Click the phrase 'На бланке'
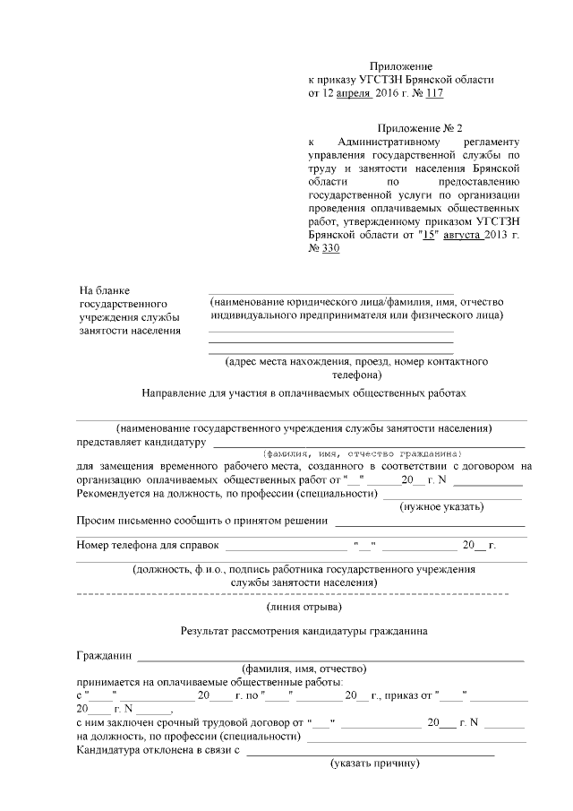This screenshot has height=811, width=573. click(105, 290)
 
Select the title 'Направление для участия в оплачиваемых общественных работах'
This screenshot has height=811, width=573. click(304, 393)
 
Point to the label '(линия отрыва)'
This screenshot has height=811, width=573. click(304, 608)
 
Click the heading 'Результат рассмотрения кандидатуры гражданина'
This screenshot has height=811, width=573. click(304, 630)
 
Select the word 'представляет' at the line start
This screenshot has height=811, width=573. click(111, 442)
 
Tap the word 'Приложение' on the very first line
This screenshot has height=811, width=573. click(401, 66)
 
